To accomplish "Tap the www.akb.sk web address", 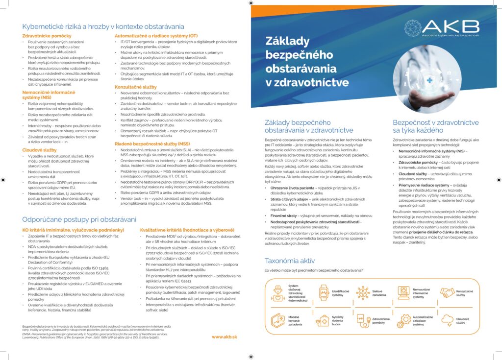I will [224, 337].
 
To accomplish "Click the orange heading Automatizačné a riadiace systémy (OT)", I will [156, 36].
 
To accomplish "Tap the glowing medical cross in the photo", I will [415, 80].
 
